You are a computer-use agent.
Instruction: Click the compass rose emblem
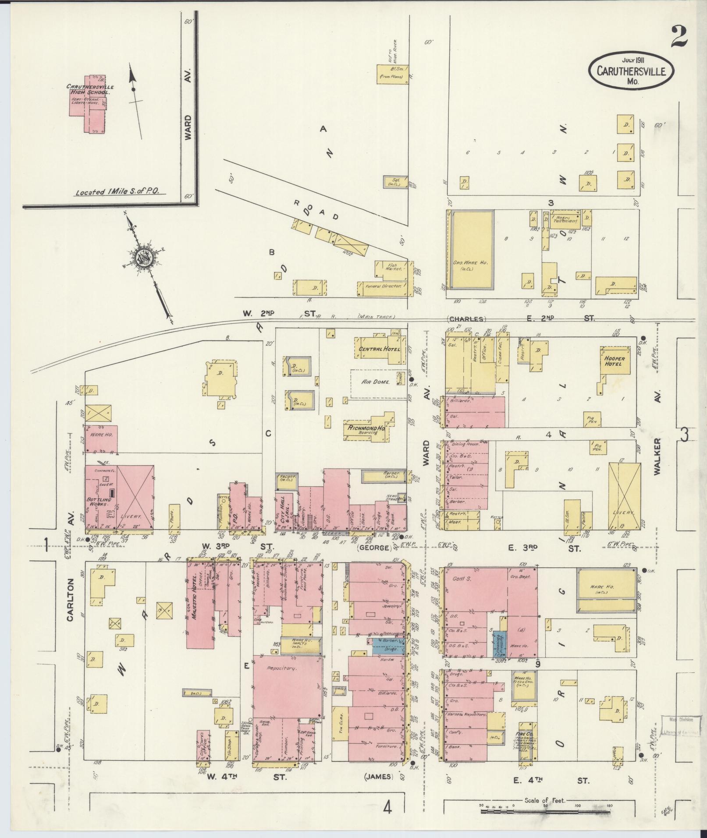coord(144,258)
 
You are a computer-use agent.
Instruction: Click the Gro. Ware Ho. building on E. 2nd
coord(470,250)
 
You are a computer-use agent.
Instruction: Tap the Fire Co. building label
coord(525,732)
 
